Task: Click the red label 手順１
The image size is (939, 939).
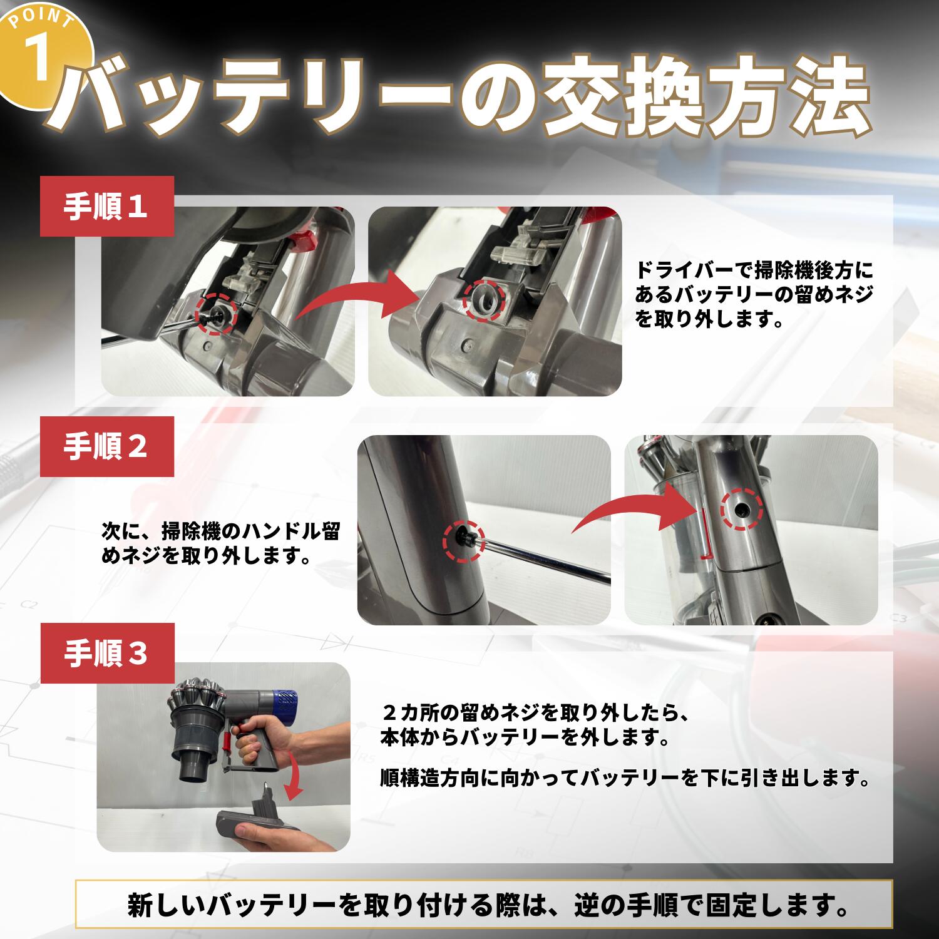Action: coord(106,207)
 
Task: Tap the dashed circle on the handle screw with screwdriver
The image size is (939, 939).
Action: coord(464,541)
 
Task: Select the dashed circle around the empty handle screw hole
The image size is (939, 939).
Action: coord(741,510)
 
